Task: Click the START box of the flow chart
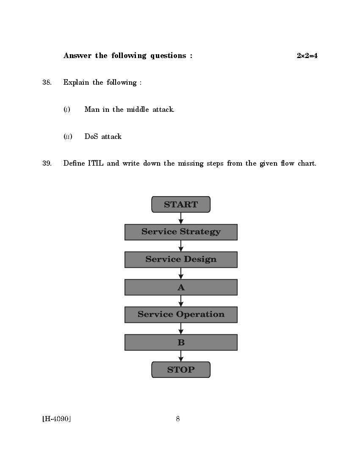[181, 204]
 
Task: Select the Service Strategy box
[181, 232]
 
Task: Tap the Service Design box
[181, 260]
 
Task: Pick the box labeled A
[181, 287]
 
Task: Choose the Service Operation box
[181, 315]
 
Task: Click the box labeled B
[181, 342]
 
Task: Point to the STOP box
[181, 369]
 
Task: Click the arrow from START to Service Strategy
[181, 218]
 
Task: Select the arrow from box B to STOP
[181, 356]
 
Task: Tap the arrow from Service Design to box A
[181, 273]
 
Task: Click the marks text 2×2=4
[307, 56]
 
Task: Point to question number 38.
[47, 83]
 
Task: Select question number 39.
[47, 164]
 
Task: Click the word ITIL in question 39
[95, 164]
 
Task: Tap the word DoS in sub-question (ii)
[91, 136]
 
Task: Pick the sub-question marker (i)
[67, 110]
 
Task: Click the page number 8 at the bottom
[178, 419]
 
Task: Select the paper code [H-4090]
[56, 419]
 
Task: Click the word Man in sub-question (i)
[91, 110]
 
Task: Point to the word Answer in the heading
[78, 56]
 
